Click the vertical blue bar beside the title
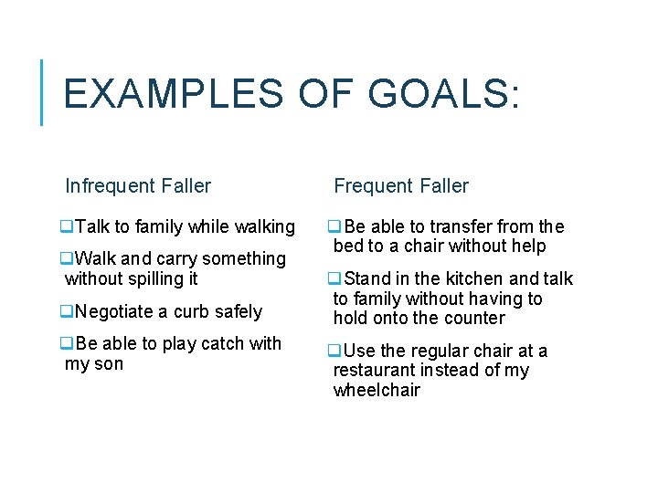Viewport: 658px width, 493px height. (x=42, y=91)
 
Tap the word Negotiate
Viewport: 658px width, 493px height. (x=115, y=311)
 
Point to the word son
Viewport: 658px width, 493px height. (x=108, y=364)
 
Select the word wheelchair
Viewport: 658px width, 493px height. (x=377, y=390)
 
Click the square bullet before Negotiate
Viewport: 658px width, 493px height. (x=67, y=311)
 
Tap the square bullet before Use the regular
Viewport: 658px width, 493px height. (x=335, y=351)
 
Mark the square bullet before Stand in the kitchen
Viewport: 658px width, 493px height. (x=335, y=278)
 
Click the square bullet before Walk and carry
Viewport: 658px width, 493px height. (x=67, y=259)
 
